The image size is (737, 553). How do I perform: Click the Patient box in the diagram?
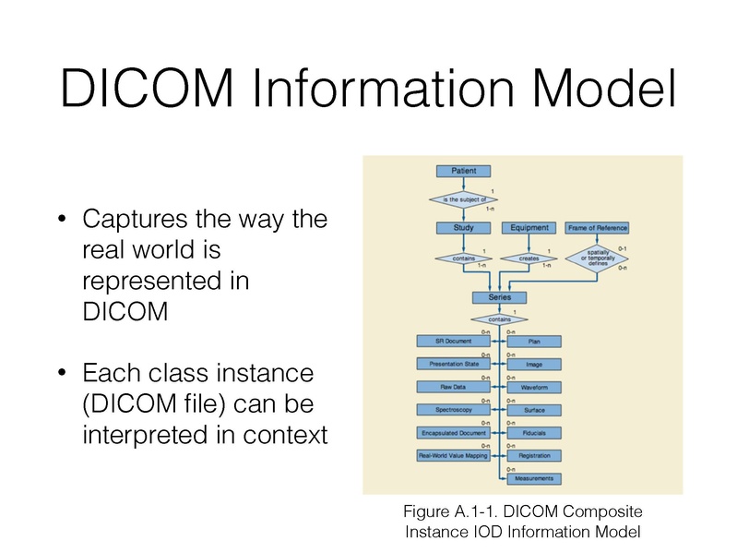(x=463, y=171)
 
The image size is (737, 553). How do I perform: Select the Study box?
(x=463, y=227)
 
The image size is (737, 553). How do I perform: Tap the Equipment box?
(x=529, y=227)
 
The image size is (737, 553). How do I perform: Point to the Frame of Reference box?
(x=597, y=227)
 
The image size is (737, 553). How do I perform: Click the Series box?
(x=499, y=297)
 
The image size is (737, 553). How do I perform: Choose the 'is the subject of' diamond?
(x=463, y=198)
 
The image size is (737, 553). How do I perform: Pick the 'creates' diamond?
(x=529, y=258)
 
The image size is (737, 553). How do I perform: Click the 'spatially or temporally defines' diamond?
(x=596, y=258)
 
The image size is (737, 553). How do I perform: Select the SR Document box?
(x=453, y=342)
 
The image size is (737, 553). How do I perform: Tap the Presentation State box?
(x=453, y=364)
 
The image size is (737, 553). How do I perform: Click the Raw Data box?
(x=453, y=387)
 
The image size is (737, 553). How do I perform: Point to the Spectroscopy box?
(x=453, y=409)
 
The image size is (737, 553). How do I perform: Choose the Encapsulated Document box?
(x=453, y=432)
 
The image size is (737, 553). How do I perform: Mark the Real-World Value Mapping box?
(x=453, y=455)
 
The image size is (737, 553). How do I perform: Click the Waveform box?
(x=534, y=387)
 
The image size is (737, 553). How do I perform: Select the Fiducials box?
(x=534, y=432)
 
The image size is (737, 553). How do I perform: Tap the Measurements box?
(x=534, y=478)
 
